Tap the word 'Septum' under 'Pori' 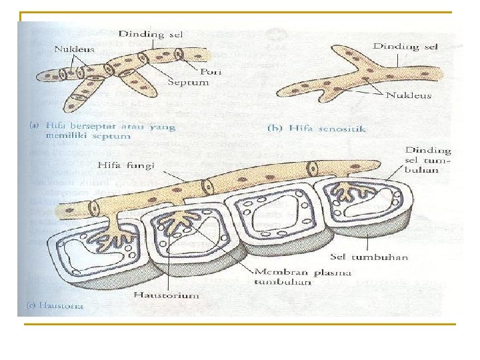pyautogui.click(x=189, y=83)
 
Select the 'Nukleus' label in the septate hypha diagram pyautogui.click(x=74, y=49)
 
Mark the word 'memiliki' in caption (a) pyautogui.click(x=61, y=135)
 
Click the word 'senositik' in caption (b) pyautogui.click(x=343, y=129)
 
